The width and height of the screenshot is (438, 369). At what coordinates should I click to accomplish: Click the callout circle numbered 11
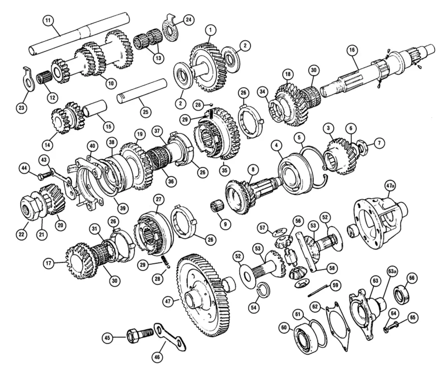click(48, 21)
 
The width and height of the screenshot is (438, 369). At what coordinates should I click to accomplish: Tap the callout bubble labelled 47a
click(390, 186)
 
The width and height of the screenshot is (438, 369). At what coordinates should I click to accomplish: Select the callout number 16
click(352, 50)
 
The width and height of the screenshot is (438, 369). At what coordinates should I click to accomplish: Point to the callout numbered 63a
click(392, 272)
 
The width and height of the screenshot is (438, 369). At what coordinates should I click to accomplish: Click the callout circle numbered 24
click(188, 20)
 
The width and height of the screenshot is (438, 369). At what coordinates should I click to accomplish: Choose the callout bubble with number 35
click(225, 170)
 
